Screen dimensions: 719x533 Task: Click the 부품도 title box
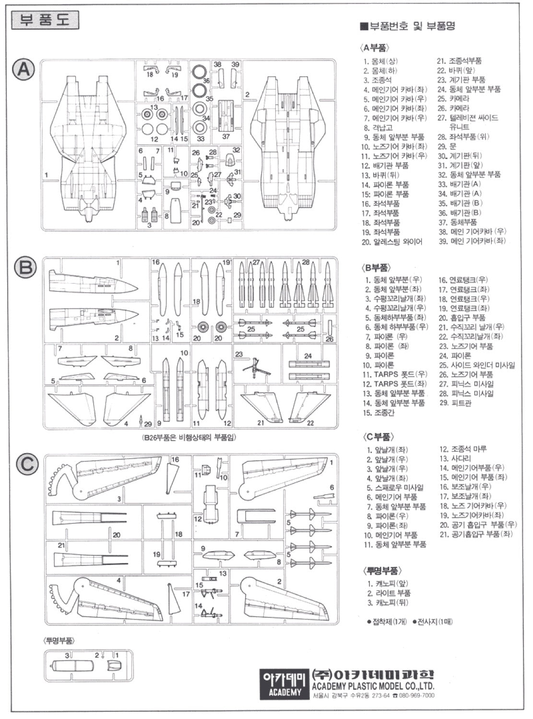click(45, 20)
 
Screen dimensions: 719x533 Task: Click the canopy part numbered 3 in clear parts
click(72, 667)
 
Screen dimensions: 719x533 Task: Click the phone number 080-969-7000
click(415, 695)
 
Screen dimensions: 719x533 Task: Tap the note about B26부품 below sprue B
click(190, 437)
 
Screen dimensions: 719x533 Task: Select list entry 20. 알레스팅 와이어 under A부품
click(392, 241)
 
